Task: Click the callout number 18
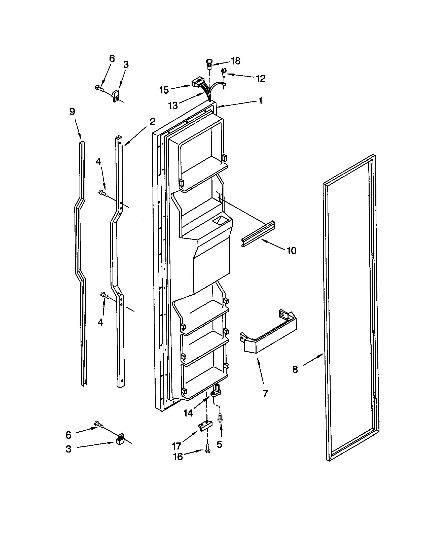pyautogui.click(x=236, y=61)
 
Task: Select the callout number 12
pyautogui.click(x=260, y=78)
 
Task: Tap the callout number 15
pyautogui.click(x=164, y=90)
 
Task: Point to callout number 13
pyautogui.click(x=173, y=105)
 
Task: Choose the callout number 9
pyautogui.click(x=72, y=112)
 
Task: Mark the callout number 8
pyautogui.click(x=295, y=369)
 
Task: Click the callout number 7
pyautogui.click(x=265, y=393)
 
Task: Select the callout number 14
pyautogui.click(x=188, y=413)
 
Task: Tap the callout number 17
pyautogui.click(x=176, y=445)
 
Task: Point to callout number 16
pyautogui.click(x=178, y=457)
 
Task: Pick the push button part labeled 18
pyautogui.click(x=209, y=64)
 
